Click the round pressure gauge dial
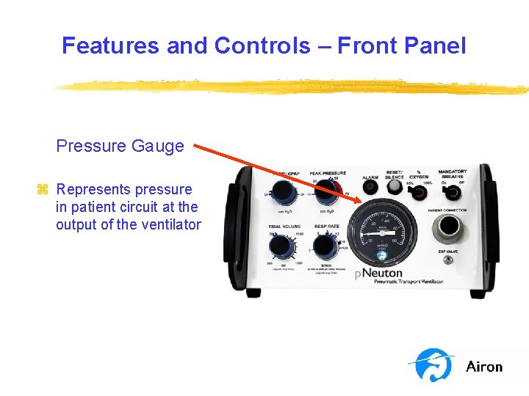pos(380,230)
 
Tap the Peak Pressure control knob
pos(325,194)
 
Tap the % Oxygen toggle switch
pos(420,194)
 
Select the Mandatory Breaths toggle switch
pos(453,194)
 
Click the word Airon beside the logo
pos(484,367)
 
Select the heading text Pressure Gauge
pos(120,146)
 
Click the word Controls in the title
pos(262,45)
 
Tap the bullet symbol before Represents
pos(43,190)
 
